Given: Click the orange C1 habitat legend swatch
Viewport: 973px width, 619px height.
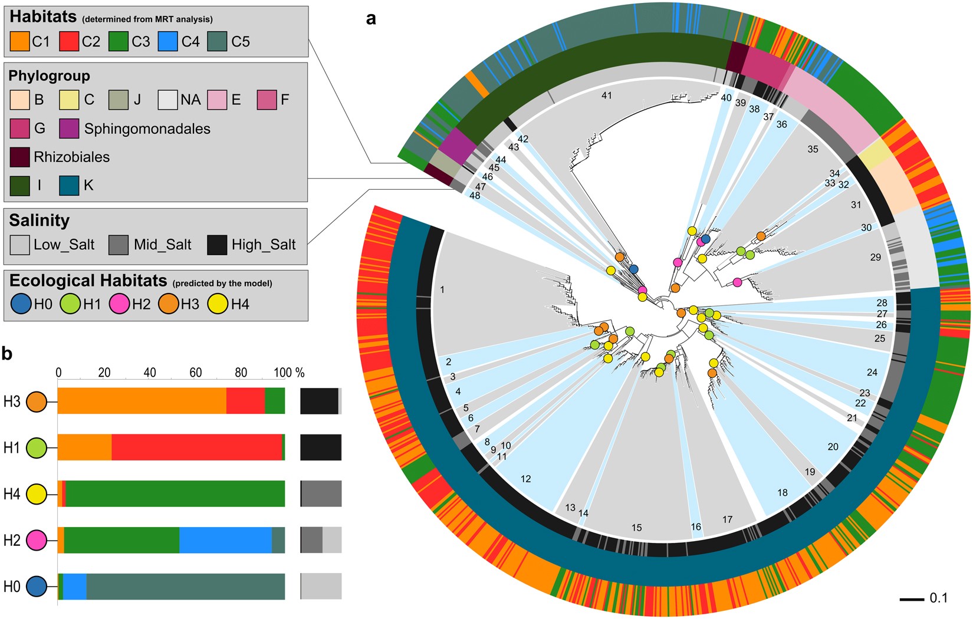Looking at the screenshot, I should click(x=20, y=41).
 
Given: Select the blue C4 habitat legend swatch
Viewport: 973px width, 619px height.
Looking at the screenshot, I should click(x=168, y=41).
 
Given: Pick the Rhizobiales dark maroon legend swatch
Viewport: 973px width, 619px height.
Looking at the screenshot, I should click(x=20, y=157).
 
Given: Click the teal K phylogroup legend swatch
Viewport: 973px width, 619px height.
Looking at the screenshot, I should click(x=69, y=185).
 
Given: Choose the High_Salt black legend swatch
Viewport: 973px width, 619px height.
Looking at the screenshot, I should click(x=217, y=245).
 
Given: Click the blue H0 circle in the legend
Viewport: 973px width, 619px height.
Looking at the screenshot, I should click(x=21, y=304).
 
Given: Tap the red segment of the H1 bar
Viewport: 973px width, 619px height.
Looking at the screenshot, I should click(x=196, y=447).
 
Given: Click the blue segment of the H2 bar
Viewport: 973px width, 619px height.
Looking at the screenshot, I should click(x=225, y=540).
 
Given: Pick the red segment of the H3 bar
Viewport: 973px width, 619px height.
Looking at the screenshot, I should click(x=245, y=401).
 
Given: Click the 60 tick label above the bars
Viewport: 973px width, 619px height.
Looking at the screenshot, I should click(x=195, y=373).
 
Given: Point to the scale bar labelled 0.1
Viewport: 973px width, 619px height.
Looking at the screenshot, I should click(x=912, y=600).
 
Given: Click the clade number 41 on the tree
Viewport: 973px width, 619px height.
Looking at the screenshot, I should click(x=607, y=96).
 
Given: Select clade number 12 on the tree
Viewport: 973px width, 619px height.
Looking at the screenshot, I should click(x=525, y=479).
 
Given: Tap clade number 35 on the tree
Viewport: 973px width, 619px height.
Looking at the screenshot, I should click(x=813, y=149).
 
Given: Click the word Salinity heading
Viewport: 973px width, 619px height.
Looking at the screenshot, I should click(x=40, y=220).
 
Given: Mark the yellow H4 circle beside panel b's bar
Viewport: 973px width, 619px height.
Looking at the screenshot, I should click(x=37, y=494).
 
